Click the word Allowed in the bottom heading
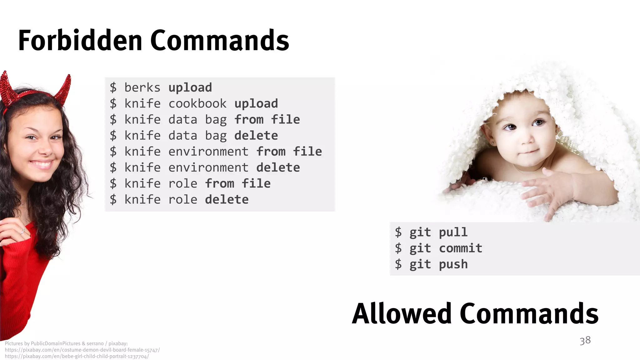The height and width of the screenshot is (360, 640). click(x=402, y=313)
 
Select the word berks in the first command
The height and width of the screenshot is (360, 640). click(x=142, y=87)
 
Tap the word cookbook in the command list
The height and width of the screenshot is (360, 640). click(x=197, y=104)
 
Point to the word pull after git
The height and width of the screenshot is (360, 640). click(x=453, y=232)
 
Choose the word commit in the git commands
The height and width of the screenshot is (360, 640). click(x=460, y=248)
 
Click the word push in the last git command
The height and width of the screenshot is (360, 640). click(x=453, y=265)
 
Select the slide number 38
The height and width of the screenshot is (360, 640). click(x=585, y=340)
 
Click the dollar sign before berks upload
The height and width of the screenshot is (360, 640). click(x=113, y=87)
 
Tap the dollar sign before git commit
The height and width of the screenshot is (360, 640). click(x=398, y=248)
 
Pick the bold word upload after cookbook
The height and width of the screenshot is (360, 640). click(x=256, y=104)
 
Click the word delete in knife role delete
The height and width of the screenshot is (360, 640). click(x=227, y=200)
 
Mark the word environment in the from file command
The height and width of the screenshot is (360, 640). click(x=208, y=152)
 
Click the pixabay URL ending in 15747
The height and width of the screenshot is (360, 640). click(x=82, y=350)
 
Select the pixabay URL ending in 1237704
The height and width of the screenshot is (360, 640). click(x=77, y=356)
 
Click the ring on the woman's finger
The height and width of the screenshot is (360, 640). click(x=23, y=231)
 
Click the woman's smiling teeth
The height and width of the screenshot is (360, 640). click(x=42, y=164)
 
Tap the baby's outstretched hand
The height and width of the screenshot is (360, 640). click(x=550, y=191)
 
